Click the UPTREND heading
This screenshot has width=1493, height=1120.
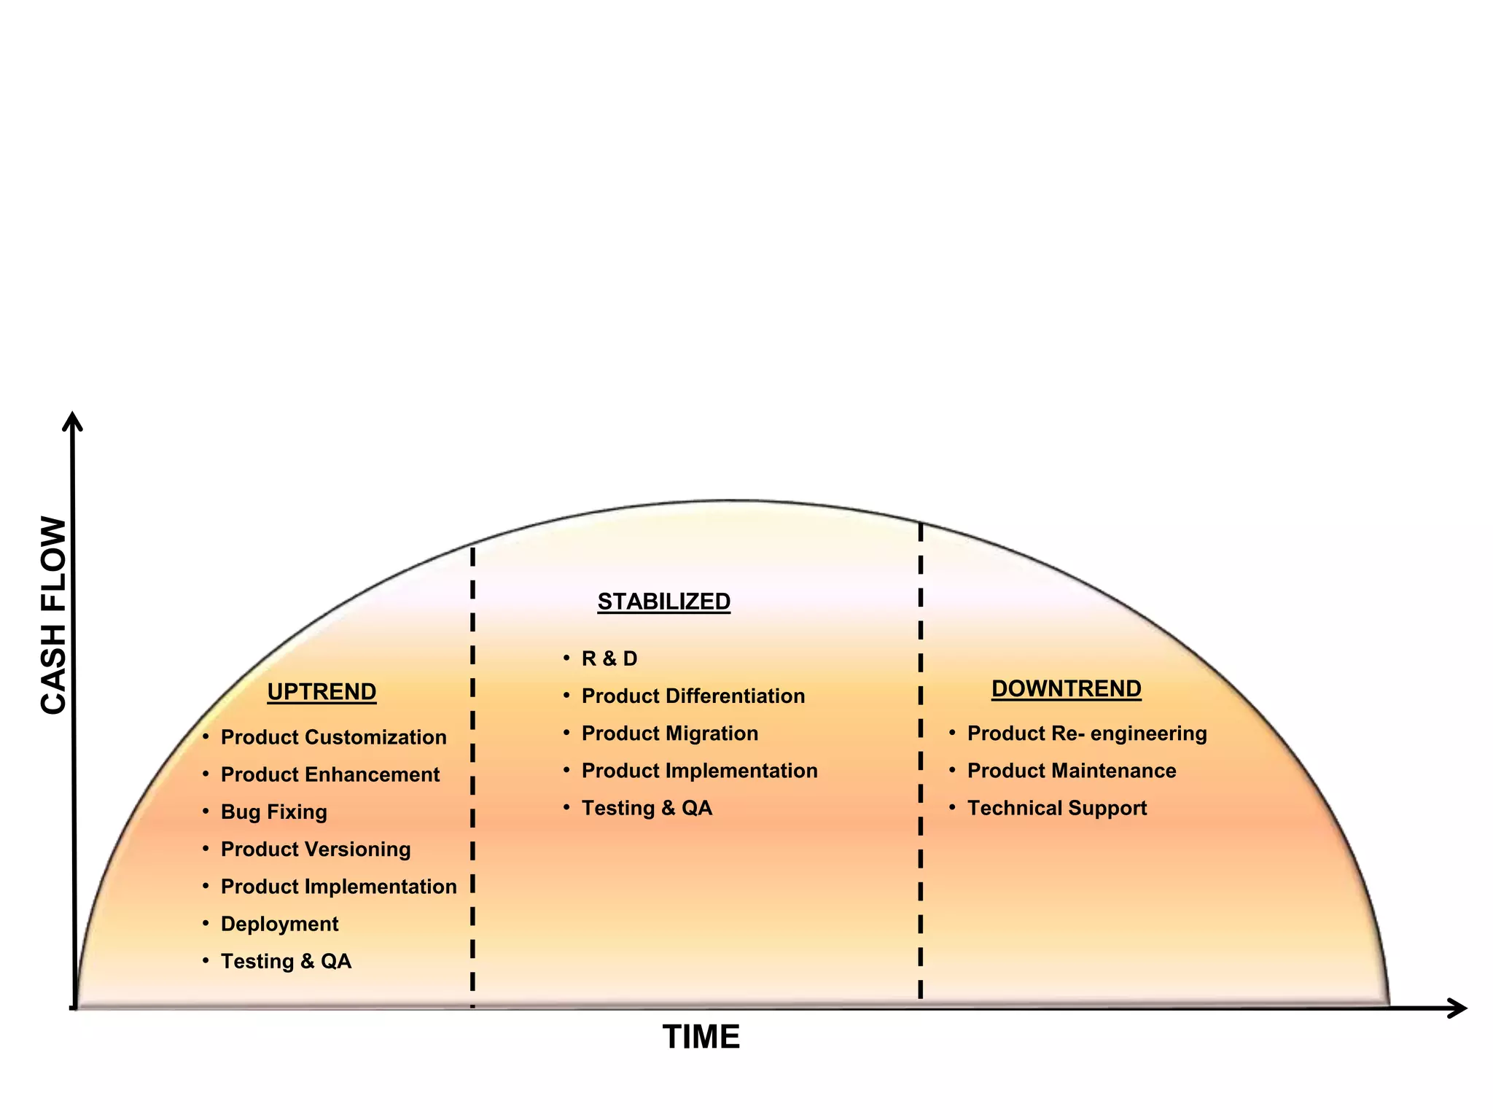[x=321, y=691]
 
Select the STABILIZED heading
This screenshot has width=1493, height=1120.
[x=663, y=602]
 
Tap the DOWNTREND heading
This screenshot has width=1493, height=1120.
[x=1066, y=688]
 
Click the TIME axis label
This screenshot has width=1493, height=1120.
[x=701, y=1037]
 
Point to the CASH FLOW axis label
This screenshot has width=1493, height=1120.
[x=53, y=615]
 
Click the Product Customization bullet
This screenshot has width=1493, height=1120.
[x=333, y=737]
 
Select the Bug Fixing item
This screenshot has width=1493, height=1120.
[x=273, y=812]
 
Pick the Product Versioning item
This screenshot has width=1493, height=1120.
[x=316, y=849]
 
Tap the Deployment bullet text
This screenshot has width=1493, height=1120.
[x=279, y=924]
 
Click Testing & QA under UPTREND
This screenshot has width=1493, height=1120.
[x=286, y=961]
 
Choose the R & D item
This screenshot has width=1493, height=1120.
[x=609, y=658]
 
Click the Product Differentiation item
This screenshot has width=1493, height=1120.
[x=693, y=696]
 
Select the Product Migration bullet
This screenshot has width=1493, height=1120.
[x=669, y=733]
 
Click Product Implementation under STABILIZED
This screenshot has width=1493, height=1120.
[x=699, y=771]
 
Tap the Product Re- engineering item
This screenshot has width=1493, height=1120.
[x=1086, y=733]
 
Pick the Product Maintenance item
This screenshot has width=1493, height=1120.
[x=1071, y=771]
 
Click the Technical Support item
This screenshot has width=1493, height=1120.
[x=1056, y=808]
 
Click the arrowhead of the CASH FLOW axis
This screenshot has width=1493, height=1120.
[x=72, y=421]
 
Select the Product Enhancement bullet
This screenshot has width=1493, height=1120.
[x=330, y=774]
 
